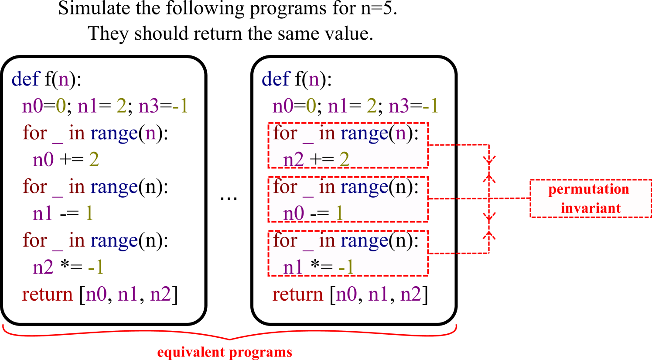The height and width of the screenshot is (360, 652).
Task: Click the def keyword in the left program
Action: [26, 79]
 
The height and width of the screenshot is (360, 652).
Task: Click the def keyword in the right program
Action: [276, 79]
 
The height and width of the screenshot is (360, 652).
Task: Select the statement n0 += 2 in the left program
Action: [66, 160]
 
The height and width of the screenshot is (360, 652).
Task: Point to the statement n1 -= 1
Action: [63, 213]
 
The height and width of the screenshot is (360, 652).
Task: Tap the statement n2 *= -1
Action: [68, 267]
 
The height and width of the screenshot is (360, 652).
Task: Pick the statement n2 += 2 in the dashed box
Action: [316, 160]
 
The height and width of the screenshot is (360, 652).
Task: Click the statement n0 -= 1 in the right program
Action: [313, 213]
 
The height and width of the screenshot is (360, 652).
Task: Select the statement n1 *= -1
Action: [318, 267]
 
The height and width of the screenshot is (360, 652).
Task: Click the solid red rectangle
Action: [591, 198]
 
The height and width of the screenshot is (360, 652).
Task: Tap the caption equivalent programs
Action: [225, 352]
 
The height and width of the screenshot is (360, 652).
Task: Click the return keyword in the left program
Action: [47, 295]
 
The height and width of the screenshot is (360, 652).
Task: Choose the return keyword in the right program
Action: [297, 295]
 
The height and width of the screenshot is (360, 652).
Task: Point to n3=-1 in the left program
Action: [163, 106]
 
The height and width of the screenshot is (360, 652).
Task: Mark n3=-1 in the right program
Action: [413, 106]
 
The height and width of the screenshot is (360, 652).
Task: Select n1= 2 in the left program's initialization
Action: [102, 106]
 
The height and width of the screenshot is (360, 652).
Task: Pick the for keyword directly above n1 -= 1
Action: [34, 187]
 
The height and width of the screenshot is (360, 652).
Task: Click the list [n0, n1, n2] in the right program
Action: [379, 295]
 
